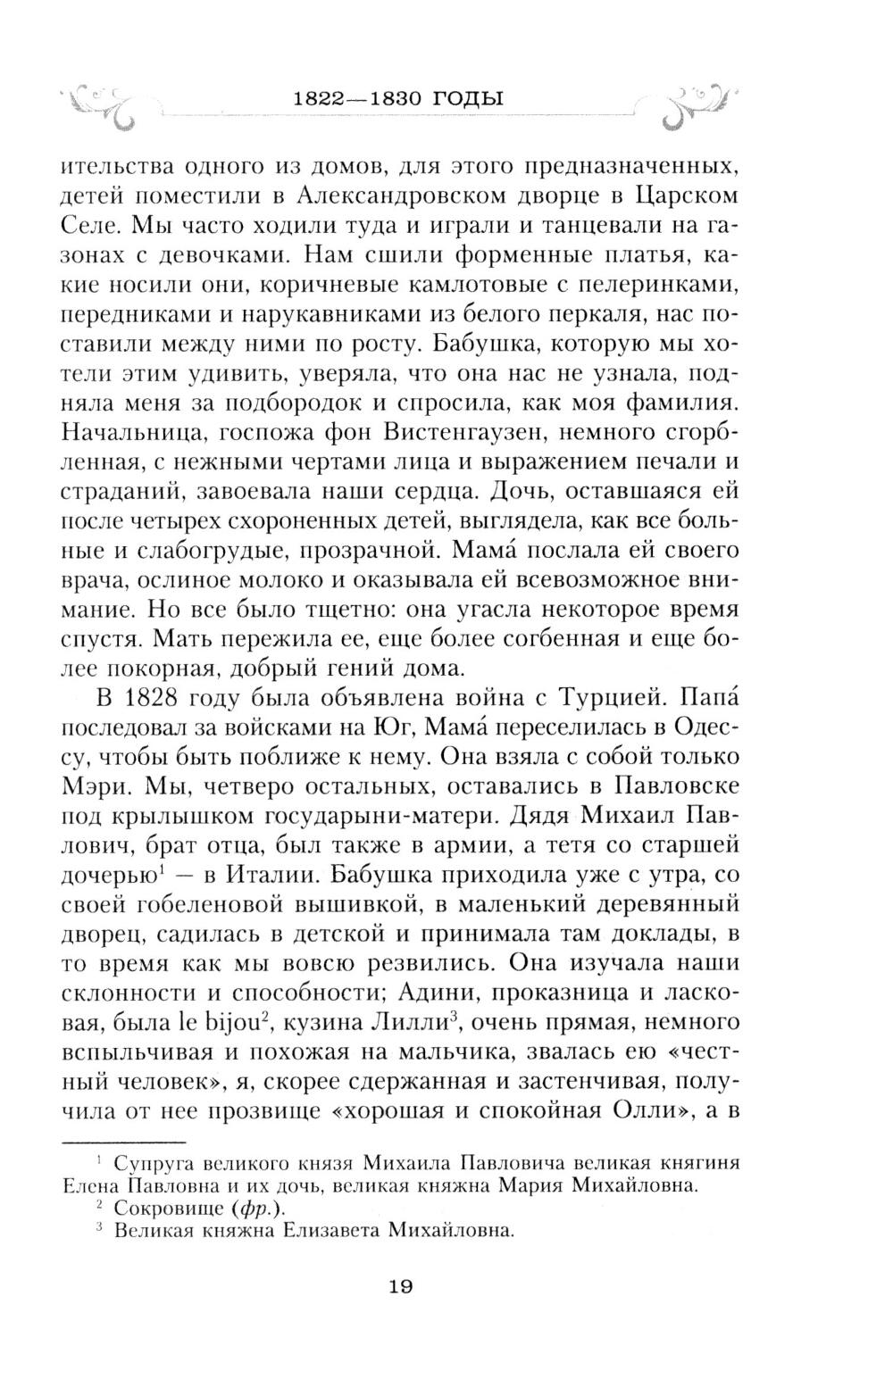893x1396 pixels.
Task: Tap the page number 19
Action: (x=399, y=1286)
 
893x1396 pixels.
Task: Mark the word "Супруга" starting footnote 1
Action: (x=152, y=1164)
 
